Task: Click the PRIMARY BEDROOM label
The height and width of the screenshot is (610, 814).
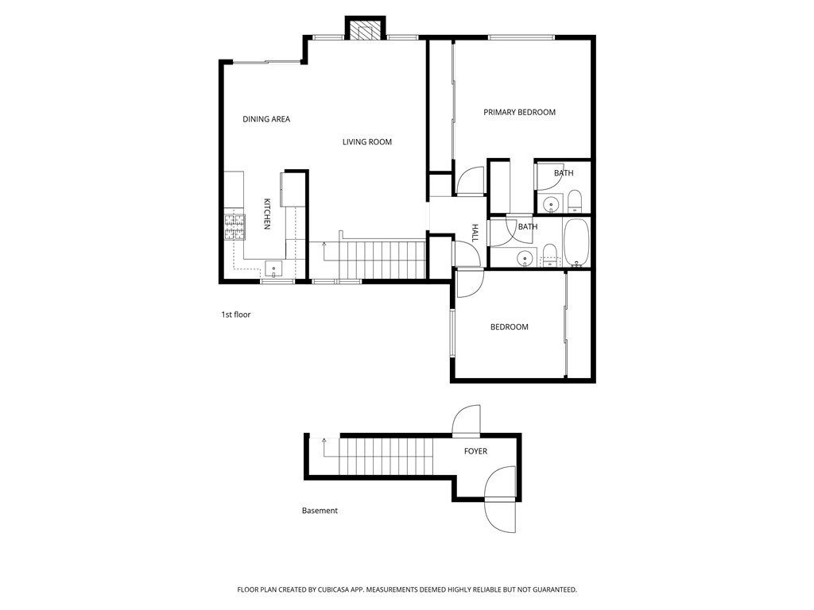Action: click(519, 112)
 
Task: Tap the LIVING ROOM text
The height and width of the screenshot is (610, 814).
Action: click(367, 141)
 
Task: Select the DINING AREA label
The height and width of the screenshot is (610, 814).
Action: click(266, 119)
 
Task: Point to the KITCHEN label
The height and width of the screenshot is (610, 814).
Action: click(267, 214)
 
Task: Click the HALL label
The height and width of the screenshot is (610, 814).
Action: click(475, 233)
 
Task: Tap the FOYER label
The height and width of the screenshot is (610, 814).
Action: click(475, 451)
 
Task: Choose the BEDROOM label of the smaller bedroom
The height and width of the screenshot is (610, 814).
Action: click(510, 326)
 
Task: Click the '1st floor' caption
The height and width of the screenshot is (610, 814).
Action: click(235, 315)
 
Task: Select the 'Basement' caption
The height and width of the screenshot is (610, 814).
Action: click(320, 511)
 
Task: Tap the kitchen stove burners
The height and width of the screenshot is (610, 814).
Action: click(235, 227)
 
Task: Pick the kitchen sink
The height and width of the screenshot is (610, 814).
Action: click(273, 269)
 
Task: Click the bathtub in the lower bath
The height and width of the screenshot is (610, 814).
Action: click(576, 242)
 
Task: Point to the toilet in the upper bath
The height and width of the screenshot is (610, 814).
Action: click(575, 202)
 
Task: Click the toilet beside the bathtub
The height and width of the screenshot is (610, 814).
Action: click(549, 256)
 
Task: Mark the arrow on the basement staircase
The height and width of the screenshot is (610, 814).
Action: click(324, 447)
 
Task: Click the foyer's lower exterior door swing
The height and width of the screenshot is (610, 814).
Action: click(499, 499)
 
